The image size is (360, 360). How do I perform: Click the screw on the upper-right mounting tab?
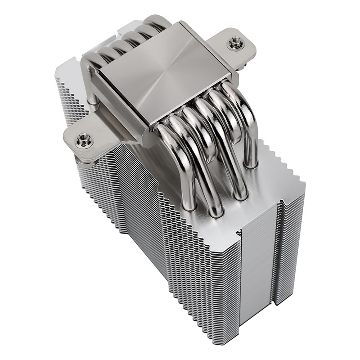coord(234,44)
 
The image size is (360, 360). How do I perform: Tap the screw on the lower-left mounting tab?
coord(84,140)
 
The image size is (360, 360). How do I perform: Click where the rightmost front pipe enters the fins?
coord(252,164)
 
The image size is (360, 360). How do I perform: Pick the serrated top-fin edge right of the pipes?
coord(279,162)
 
